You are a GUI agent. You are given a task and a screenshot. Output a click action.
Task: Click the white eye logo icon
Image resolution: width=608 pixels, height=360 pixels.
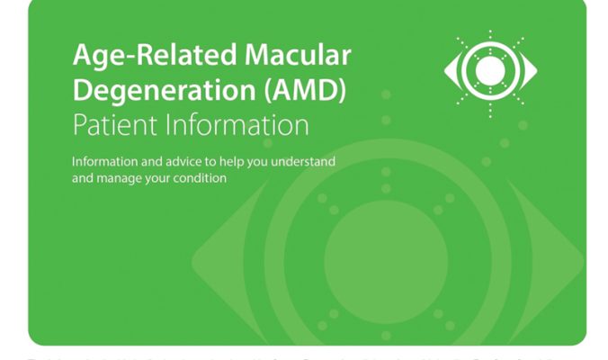(489, 70)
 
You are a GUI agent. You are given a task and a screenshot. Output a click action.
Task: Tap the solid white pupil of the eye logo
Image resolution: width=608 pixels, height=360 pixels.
(489, 70)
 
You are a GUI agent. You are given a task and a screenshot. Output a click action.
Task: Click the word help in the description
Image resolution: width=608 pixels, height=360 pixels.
(223, 162)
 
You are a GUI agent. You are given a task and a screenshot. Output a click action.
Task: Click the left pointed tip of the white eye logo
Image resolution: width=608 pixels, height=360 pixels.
(447, 70)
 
